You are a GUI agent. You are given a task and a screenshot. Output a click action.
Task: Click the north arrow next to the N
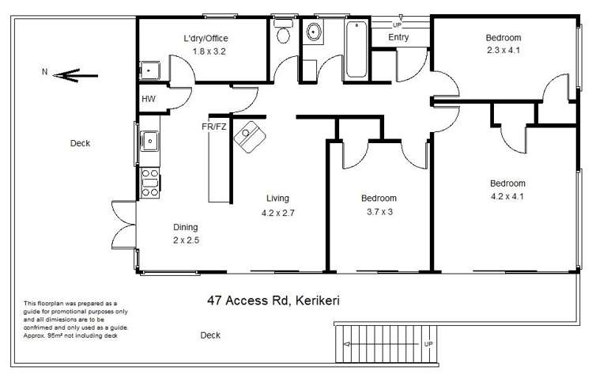click(x=77, y=77)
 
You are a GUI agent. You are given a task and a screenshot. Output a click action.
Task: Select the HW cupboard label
click(x=149, y=99)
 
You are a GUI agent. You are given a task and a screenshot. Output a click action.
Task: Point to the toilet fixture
click(x=282, y=34)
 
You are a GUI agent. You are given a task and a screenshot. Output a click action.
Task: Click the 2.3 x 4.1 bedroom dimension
click(x=503, y=50)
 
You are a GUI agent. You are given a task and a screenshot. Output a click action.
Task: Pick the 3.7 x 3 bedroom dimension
click(x=379, y=211)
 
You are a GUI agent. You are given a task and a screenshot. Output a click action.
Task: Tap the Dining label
click(x=186, y=227)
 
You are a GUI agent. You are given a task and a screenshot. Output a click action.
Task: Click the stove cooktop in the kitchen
click(x=149, y=183)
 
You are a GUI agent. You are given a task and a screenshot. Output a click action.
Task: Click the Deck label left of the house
click(x=80, y=143)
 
